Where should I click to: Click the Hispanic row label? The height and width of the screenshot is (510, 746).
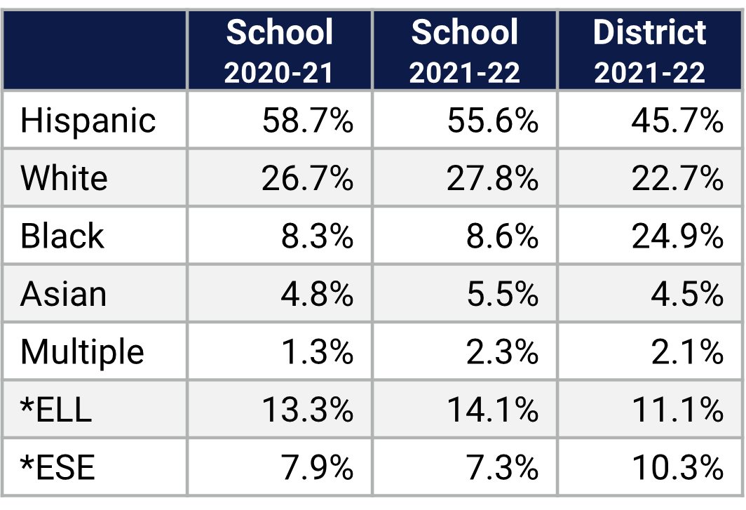[88, 121]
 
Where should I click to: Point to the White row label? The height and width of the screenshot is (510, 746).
[64, 178]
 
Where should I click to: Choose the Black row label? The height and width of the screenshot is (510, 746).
[62, 236]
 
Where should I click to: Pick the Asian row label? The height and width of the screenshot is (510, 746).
[63, 294]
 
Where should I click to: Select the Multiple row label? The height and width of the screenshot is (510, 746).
[82, 351]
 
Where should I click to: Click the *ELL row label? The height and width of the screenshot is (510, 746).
[56, 409]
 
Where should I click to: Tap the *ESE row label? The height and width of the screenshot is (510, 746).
[57, 467]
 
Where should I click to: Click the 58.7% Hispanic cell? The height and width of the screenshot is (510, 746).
[307, 121]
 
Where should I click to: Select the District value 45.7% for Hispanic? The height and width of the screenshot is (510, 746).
[677, 121]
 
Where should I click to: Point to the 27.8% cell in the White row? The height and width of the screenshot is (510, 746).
[492, 178]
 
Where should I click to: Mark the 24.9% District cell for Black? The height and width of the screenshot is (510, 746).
[677, 236]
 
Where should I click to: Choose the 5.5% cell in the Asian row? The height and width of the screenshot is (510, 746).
[502, 294]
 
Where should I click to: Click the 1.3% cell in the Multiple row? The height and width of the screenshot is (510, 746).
[317, 351]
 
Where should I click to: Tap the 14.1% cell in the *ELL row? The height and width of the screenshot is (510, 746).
[492, 409]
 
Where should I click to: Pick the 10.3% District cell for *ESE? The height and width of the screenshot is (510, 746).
[677, 467]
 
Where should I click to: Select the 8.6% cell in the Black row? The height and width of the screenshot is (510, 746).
[502, 236]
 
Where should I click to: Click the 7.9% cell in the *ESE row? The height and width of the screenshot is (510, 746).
[317, 467]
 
